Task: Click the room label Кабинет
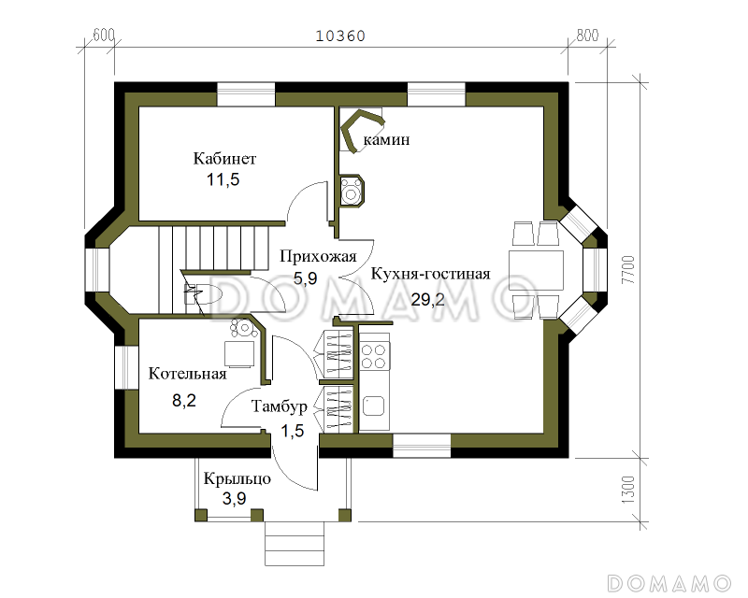[224, 158]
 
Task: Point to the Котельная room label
[188, 375]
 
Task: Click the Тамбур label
[280, 407]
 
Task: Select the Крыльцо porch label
[237, 478]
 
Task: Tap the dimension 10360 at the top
[340, 36]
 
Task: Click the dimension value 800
[585, 36]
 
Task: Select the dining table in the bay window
[536, 271]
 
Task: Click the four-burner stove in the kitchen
[374, 355]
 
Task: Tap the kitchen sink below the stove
[374, 405]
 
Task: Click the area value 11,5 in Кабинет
[223, 179]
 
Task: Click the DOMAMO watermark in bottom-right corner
[668, 581]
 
